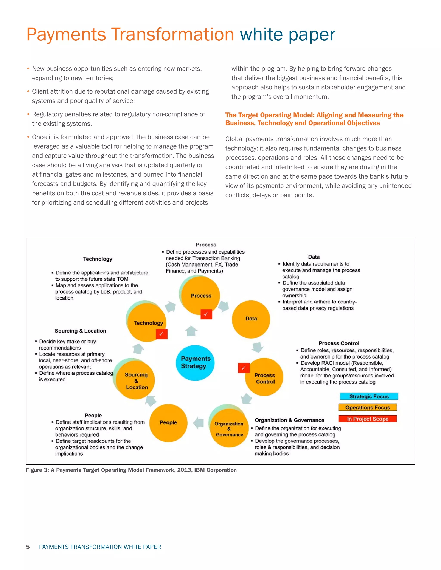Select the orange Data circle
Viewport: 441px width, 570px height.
tap(251, 319)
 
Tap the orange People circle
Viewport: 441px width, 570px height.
tap(168, 423)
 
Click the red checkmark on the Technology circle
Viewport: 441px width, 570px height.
tap(161, 334)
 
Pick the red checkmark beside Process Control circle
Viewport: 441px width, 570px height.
tap(244, 368)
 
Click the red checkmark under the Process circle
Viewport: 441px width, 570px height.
tap(206, 314)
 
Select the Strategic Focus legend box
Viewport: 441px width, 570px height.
tap(369, 396)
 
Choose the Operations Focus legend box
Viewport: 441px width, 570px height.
tap(367, 407)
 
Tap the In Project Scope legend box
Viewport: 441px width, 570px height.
tap(367, 419)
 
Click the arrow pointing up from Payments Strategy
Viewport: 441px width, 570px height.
tap(191, 331)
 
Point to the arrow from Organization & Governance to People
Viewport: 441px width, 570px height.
tap(199, 423)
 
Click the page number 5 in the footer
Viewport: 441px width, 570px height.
tap(28, 547)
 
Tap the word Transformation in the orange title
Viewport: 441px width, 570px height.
tap(172, 34)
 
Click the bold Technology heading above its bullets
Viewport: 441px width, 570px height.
tap(98, 259)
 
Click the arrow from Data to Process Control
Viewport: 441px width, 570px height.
tap(258, 347)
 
